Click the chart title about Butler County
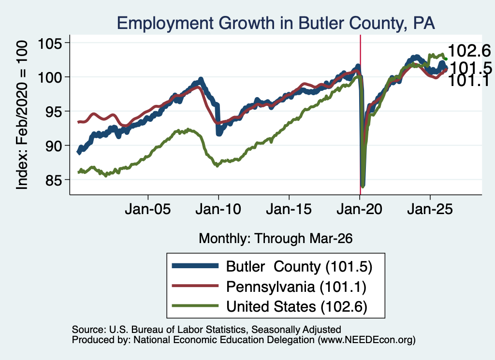click(x=276, y=23)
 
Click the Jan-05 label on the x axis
click(x=148, y=209)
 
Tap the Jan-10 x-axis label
click(x=218, y=209)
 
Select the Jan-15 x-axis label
click(x=289, y=209)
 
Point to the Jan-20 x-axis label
click(x=360, y=209)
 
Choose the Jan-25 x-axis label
click(x=430, y=209)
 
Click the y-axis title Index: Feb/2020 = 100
click(x=22, y=115)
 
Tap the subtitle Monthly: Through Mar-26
click(x=276, y=238)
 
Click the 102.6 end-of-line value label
click(x=469, y=51)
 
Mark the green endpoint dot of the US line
click(x=446, y=59)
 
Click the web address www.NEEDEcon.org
click(x=366, y=340)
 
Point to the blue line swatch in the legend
click(x=195, y=266)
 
